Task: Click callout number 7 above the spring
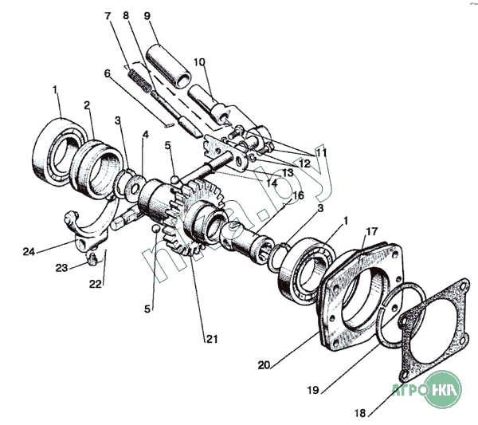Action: click(x=108, y=16)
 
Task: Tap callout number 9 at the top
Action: click(x=147, y=15)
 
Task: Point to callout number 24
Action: click(x=29, y=252)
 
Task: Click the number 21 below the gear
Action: click(x=211, y=339)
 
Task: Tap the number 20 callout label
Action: click(x=264, y=366)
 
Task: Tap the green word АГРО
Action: click(x=408, y=393)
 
